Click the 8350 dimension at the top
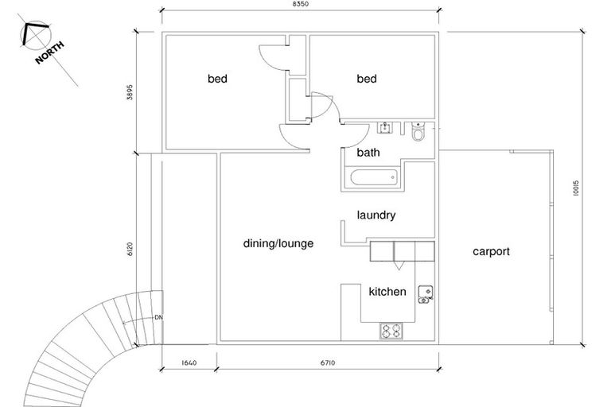tap(301, 6)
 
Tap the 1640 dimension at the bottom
tap(188, 363)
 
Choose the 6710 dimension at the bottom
tap(327, 363)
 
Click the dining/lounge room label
tap(278, 244)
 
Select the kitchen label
tap(387, 292)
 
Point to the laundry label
tap(376, 215)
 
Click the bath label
tap(368, 153)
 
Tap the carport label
tap(491, 251)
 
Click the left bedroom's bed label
tap(218, 79)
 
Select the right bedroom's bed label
tap(367, 79)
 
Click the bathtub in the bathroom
tap(372, 179)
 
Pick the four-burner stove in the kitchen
tap(391, 331)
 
